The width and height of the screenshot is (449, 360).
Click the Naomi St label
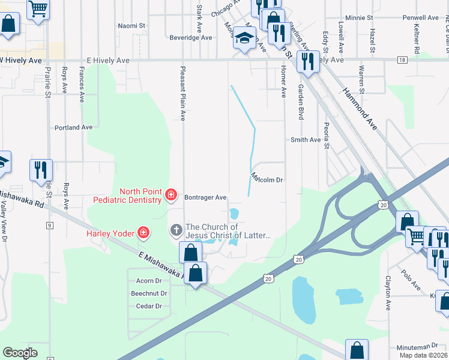[132, 26]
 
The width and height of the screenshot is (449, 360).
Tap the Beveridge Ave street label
[191, 37]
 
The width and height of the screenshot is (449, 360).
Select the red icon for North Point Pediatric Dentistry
[171, 194]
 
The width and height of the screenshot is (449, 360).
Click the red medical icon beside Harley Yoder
[143, 232]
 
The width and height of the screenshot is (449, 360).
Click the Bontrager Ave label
[205, 197]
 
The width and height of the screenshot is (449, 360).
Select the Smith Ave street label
[306, 140]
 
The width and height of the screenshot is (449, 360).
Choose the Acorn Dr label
[149, 280]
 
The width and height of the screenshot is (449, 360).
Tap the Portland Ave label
[73, 127]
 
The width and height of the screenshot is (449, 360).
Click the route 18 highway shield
[402, 60]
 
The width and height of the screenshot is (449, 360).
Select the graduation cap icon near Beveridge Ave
[244, 39]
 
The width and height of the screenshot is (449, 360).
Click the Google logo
[20, 353]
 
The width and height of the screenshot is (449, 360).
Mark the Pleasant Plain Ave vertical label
[184, 93]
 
